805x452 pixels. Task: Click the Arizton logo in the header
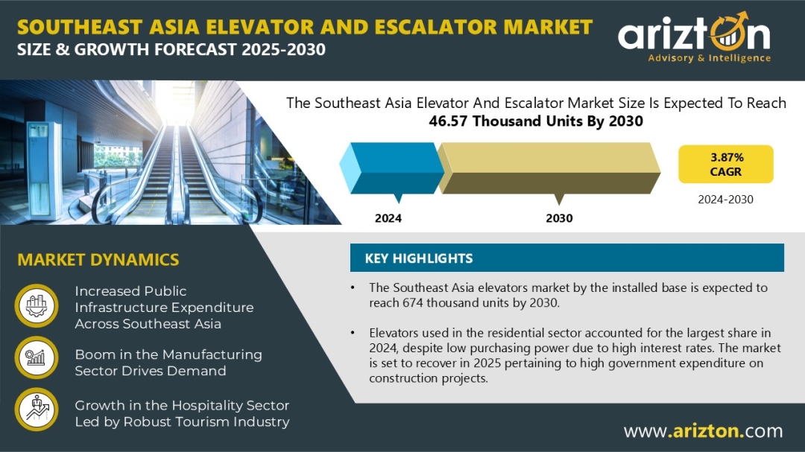coord(694,37)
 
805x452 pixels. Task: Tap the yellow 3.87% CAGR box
coord(725,164)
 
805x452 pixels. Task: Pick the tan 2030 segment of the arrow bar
coord(549,168)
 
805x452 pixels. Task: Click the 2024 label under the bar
coord(388,218)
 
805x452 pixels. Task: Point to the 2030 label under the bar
coord(559,218)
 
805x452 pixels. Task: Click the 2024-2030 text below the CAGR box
coord(725,200)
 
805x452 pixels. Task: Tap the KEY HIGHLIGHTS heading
coord(418,258)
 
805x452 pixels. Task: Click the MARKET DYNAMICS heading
coord(98,260)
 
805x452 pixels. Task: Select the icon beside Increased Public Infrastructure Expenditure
coord(37,306)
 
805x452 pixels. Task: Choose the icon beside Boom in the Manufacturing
coord(37,357)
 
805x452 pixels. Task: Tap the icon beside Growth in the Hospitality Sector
coord(37,410)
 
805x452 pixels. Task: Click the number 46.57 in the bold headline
coord(448,121)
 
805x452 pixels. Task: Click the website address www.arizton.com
coord(704,431)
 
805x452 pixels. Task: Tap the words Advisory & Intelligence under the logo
coord(709,58)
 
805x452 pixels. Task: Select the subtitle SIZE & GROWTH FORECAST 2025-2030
coord(171,50)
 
